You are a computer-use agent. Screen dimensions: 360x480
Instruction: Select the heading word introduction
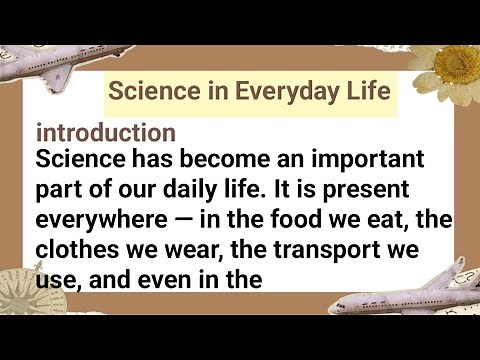tap(106, 133)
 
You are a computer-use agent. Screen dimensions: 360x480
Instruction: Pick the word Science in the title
tap(153, 92)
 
